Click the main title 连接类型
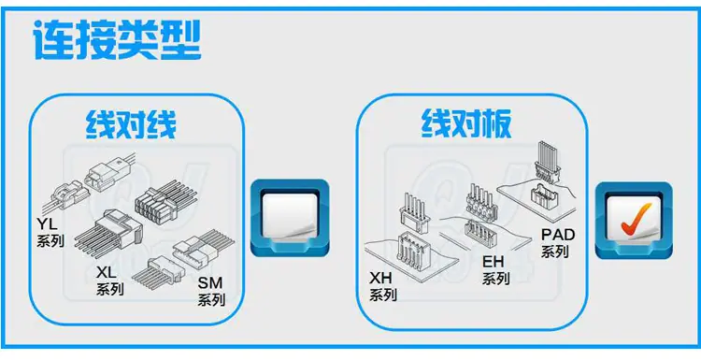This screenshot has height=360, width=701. click(x=117, y=40)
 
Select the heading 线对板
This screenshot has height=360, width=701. click(x=466, y=123)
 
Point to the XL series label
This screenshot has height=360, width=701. click(x=110, y=281)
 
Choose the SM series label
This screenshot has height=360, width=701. click(x=211, y=292)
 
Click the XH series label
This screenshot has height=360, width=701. click(x=383, y=286)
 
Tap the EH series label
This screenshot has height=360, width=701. click(x=495, y=270)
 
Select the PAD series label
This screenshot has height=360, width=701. click(x=558, y=242)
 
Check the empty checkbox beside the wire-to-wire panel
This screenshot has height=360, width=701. click(x=290, y=217)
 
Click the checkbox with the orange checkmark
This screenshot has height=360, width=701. click(x=634, y=220)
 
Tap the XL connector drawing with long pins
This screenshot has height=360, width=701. click(x=108, y=234)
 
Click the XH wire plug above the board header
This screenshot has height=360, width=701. click(x=415, y=213)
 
